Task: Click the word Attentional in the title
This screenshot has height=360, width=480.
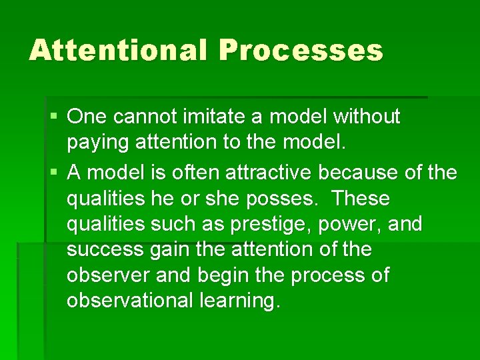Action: pyautogui.click(x=118, y=50)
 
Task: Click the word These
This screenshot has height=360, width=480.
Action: pyautogui.click(x=361, y=199)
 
